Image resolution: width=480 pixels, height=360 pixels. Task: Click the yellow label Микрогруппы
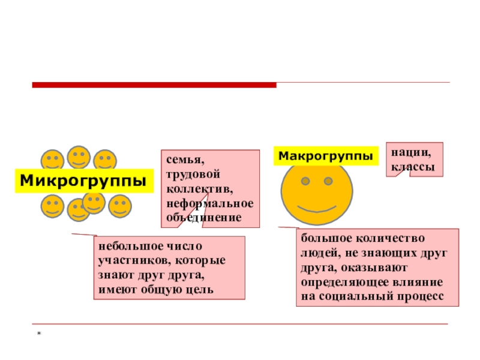83,181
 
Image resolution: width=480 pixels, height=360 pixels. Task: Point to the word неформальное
210,203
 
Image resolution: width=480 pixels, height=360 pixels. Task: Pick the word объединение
204,217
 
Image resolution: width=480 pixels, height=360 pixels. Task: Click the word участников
131,262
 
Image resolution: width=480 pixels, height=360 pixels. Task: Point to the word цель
203,290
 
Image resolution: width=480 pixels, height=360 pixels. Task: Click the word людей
317,254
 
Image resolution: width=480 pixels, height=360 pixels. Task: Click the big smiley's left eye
306,181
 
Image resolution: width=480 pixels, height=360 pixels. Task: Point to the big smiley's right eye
328,181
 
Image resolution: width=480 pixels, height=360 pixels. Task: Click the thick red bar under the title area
154,85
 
